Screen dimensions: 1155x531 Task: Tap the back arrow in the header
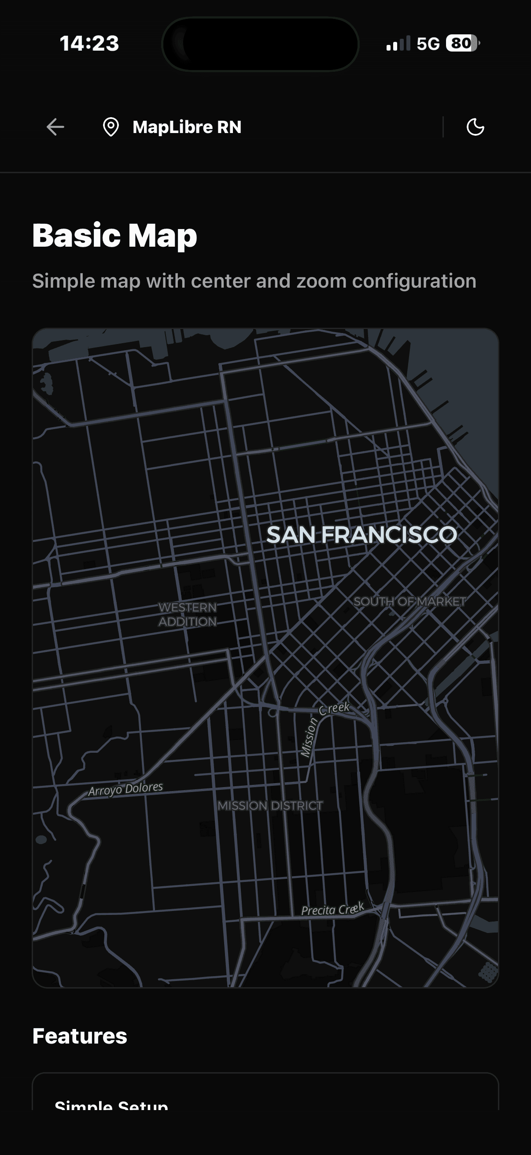tap(55, 127)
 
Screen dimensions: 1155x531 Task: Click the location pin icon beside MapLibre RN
tap(111, 127)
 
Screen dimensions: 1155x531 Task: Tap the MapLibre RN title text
tap(187, 127)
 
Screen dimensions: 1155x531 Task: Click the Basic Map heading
tap(115, 235)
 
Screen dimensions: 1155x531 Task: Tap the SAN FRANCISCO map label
tap(361, 535)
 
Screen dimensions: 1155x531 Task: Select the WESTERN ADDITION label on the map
tap(188, 614)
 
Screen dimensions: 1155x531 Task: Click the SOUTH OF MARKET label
tap(409, 601)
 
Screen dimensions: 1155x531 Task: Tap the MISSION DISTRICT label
tap(270, 806)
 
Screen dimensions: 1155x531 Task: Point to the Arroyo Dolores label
tap(125, 789)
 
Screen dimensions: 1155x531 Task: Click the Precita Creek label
tap(332, 909)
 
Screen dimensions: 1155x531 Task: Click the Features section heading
tap(80, 1036)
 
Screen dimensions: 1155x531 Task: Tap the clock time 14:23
tap(89, 44)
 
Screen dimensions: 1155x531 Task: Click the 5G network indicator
tap(428, 44)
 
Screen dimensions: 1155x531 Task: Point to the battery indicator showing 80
tap(462, 44)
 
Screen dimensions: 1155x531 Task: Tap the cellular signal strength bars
tap(398, 44)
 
